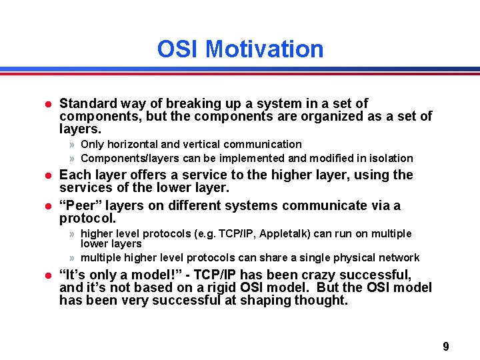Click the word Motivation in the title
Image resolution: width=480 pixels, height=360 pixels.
[x=265, y=49]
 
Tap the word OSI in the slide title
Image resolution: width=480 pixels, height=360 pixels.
[x=179, y=49]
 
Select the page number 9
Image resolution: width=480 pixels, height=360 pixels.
[x=446, y=347]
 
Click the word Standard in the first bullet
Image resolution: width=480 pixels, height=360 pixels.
[x=85, y=103]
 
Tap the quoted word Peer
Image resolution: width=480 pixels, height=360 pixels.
[x=79, y=206]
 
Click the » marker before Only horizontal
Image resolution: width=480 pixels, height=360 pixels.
[x=71, y=145]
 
